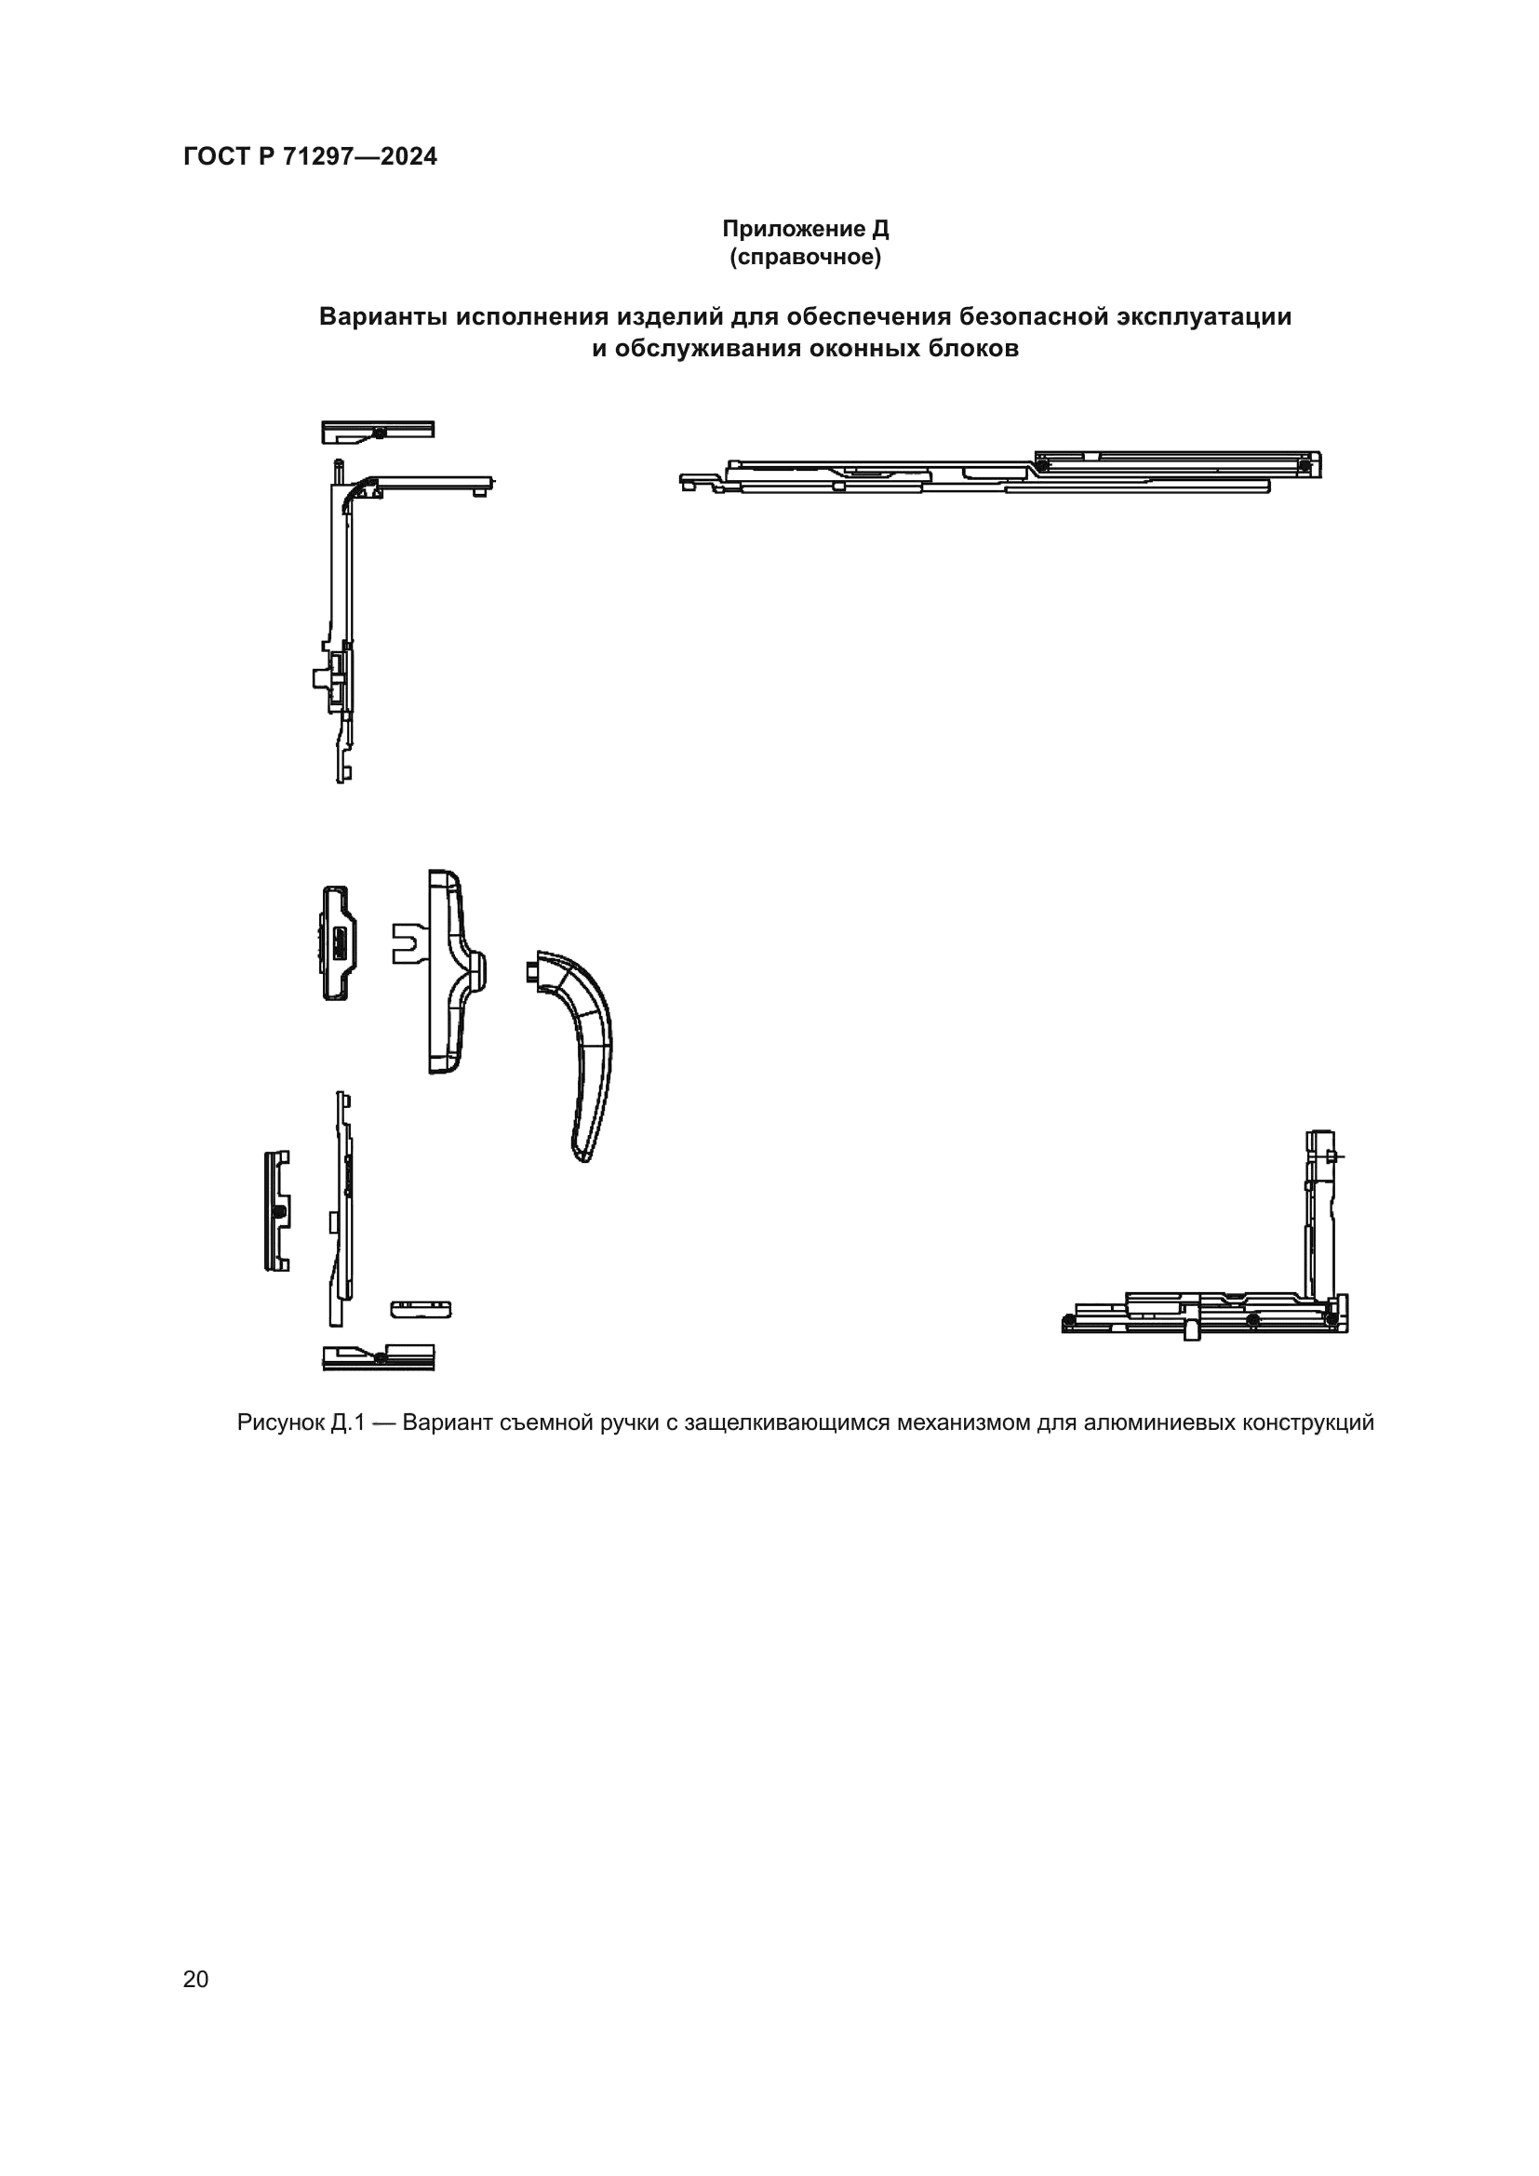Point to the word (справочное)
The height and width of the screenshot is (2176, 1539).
coord(806,258)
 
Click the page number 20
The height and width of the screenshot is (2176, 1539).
coord(195,1979)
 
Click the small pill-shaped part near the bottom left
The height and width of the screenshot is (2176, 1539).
coord(421,1309)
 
